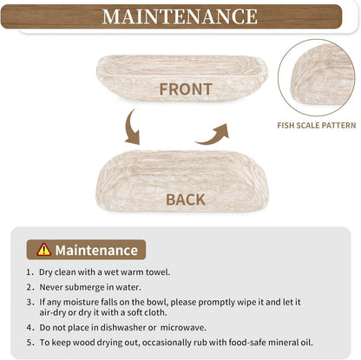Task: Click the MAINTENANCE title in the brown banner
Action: (180, 16)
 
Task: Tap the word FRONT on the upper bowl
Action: (186, 89)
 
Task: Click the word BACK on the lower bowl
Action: (186, 200)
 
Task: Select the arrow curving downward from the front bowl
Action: (131, 128)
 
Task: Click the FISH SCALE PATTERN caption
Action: (317, 125)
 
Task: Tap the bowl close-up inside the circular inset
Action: (322, 75)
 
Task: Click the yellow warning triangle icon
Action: (43, 250)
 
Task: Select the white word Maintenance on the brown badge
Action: (96, 250)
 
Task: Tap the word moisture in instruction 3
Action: (81, 302)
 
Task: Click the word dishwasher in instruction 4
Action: (123, 328)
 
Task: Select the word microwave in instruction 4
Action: (183, 328)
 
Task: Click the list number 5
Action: (30, 343)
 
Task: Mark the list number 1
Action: (30, 272)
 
